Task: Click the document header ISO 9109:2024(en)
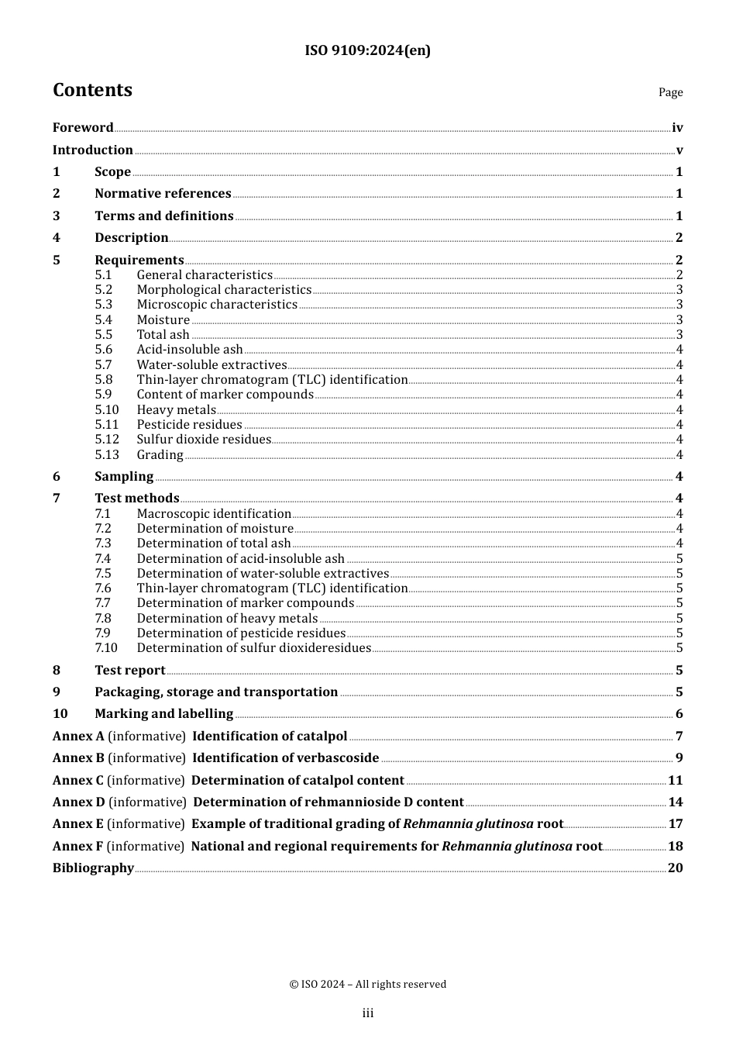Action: click(x=367, y=50)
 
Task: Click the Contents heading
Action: click(x=92, y=90)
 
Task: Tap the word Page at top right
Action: click(x=670, y=92)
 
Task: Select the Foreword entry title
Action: click(x=83, y=128)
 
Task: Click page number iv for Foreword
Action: click(x=677, y=128)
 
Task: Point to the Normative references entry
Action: click(x=163, y=194)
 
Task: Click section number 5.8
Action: click(x=104, y=380)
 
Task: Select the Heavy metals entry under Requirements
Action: click(x=176, y=410)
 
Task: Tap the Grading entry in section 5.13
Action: click(x=160, y=455)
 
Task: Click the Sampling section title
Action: click(x=124, y=477)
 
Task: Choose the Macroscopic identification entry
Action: click(x=214, y=514)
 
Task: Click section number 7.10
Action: click(x=106, y=648)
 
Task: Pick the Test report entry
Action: click(x=129, y=671)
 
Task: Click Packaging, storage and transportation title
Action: click(x=216, y=692)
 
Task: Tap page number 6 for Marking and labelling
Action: click(x=679, y=714)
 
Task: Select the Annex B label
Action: click(x=78, y=758)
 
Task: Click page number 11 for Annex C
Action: click(x=675, y=781)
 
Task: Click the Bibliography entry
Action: click(x=93, y=868)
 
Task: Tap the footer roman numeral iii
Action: click(x=367, y=1013)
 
